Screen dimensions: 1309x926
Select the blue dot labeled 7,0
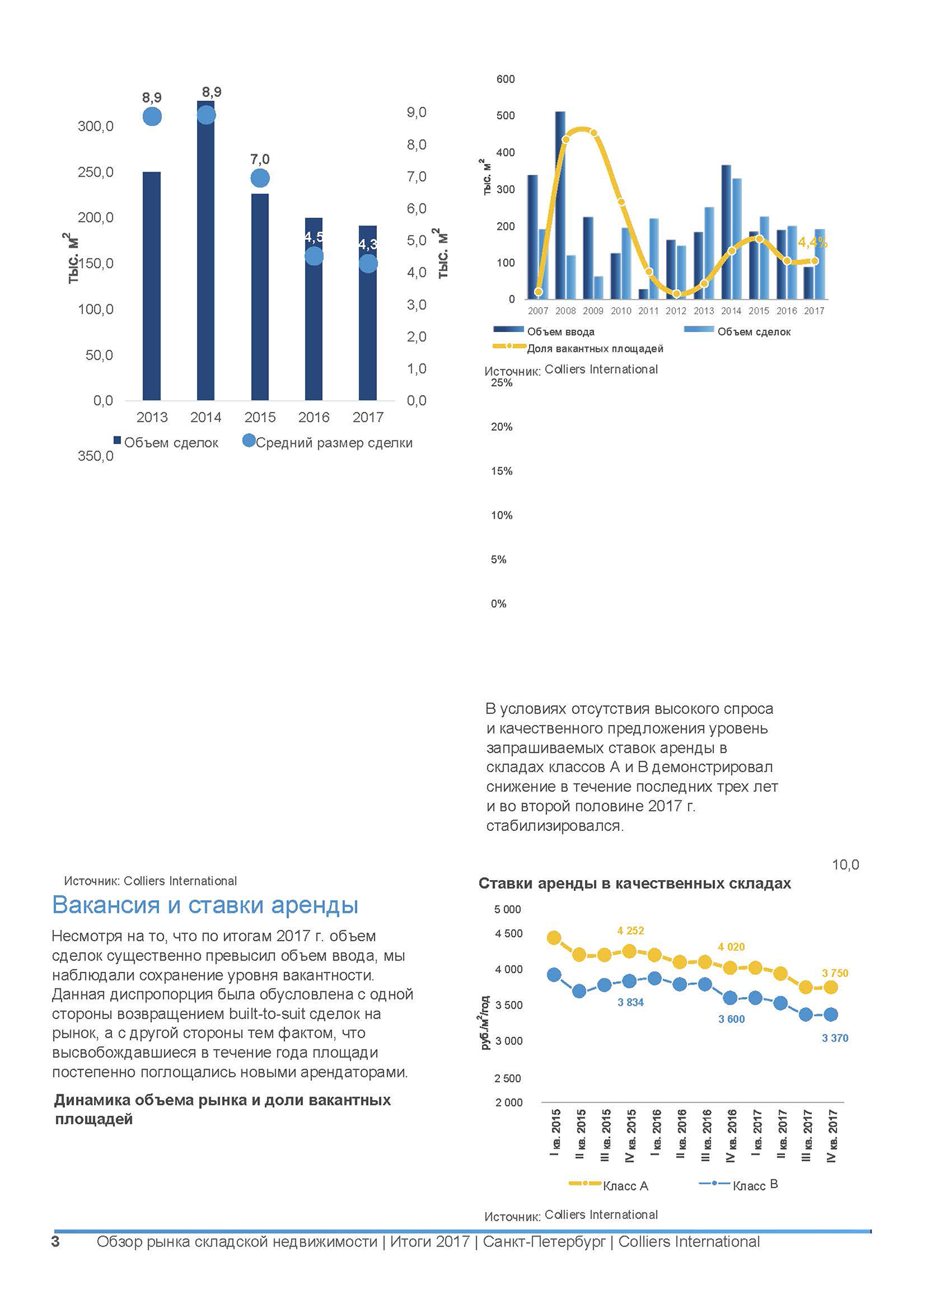(259, 178)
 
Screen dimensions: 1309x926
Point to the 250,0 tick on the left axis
(95, 172)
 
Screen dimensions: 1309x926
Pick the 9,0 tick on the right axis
(416, 113)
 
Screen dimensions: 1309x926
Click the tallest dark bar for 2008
(560, 208)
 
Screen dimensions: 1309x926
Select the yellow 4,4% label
(813, 243)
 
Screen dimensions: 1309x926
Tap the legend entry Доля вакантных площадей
(595, 349)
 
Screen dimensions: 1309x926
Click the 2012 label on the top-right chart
(676, 311)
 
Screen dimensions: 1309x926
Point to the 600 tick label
(506, 80)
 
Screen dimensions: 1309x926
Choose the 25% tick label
(501, 383)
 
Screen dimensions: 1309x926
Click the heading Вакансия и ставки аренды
(205, 905)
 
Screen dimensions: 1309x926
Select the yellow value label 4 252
(630, 931)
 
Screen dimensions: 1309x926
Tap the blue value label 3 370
(835, 1038)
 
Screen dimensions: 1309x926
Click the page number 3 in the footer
(55, 1242)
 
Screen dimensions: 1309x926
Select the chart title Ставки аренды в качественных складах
(635, 884)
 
